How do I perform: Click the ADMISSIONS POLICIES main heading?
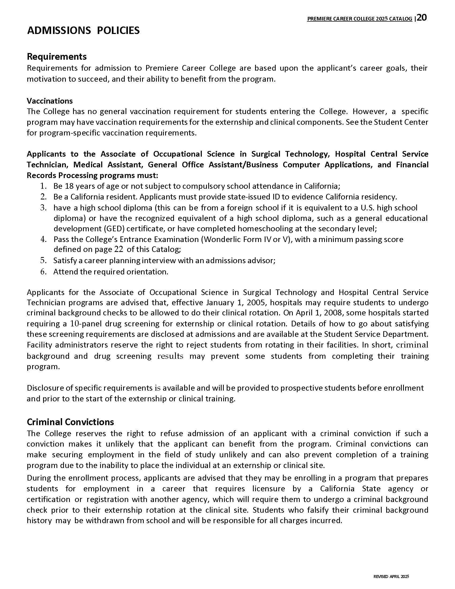83,31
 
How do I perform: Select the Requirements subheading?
56,57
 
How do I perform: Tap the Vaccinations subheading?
50,101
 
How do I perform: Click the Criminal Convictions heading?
70,422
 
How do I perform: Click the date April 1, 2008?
319,313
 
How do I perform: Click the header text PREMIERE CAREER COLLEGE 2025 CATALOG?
359,19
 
